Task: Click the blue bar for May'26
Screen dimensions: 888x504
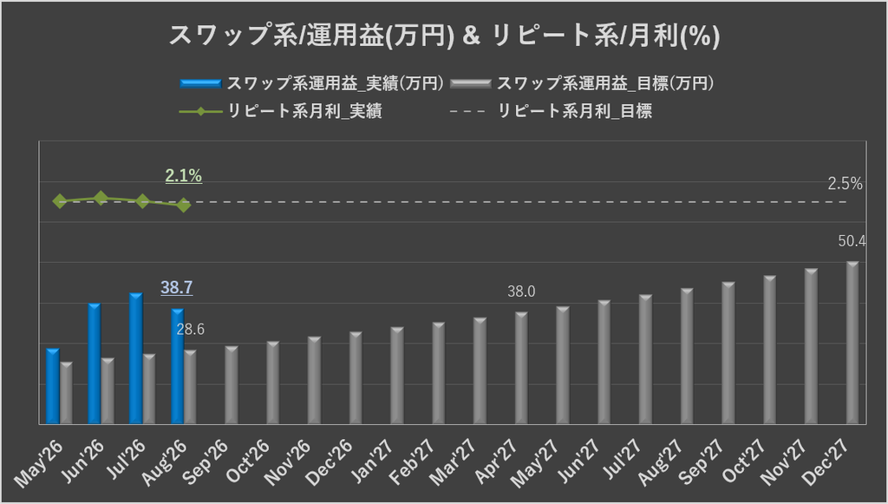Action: coord(53,386)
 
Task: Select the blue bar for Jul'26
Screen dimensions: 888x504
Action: coord(136,358)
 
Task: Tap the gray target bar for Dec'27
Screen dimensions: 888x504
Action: coord(852,343)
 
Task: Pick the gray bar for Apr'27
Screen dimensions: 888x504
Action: coord(521,368)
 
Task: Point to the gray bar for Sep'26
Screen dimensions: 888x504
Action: coord(232,385)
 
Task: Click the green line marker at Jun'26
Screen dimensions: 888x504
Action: coord(101,198)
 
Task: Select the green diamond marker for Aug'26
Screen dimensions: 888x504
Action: coord(183,205)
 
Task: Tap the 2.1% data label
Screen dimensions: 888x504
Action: coord(184,176)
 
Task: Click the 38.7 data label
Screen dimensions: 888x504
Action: coord(177,288)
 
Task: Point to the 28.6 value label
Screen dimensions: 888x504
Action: coord(190,330)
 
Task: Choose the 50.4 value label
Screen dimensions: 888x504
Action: coord(852,241)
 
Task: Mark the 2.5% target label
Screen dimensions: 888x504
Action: coord(845,184)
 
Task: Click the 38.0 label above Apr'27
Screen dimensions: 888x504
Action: coord(521,291)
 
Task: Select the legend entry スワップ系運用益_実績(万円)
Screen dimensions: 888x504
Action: coord(312,84)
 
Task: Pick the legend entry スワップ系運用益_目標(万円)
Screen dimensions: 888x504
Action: coord(582,84)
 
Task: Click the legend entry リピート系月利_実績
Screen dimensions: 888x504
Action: coord(281,111)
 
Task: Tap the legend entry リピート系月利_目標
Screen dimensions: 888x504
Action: coord(551,111)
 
